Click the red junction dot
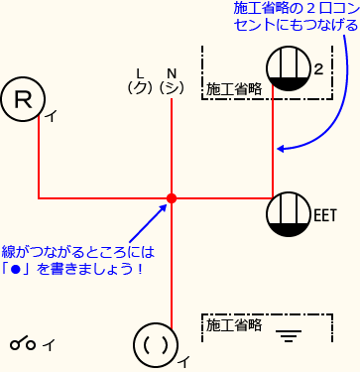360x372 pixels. [x=172, y=198]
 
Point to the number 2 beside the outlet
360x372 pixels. [x=319, y=69]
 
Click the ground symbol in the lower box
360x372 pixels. [x=290, y=334]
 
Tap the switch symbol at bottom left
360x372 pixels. [x=25, y=344]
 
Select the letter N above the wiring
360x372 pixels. [x=171, y=73]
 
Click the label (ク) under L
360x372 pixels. [x=139, y=88]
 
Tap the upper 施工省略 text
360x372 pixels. [x=233, y=89]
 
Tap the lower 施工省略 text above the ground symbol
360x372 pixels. [x=233, y=323]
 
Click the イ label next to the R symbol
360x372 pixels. [x=51, y=116]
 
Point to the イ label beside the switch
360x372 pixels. [x=49, y=344]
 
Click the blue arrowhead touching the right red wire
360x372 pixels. [x=282, y=150]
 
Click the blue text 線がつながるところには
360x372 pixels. [x=80, y=252]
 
